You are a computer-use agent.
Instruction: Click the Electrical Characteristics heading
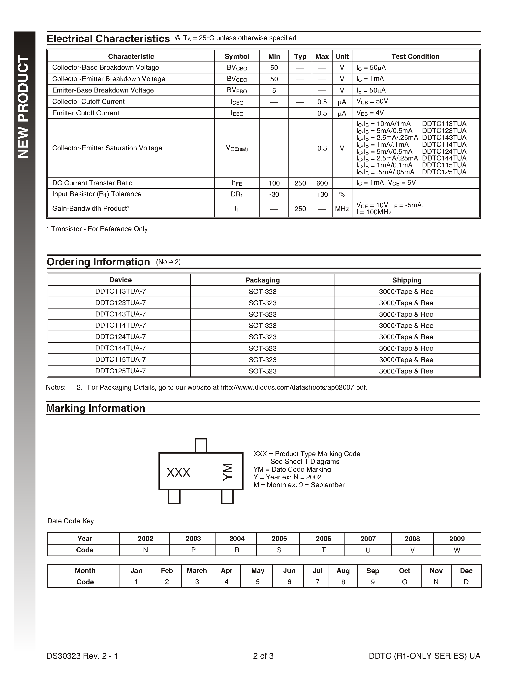click(108, 39)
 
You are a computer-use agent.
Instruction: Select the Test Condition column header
click(415, 57)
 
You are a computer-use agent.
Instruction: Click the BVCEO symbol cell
click(237, 79)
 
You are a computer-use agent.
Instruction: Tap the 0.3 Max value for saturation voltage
click(322, 148)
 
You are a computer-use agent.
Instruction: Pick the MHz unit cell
click(342, 209)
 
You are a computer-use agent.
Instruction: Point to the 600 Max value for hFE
click(322, 183)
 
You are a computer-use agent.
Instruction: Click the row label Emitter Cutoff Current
click(86, 113)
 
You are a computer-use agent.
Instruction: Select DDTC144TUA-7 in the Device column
click(120, 348)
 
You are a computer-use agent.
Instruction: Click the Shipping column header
click(406, 280)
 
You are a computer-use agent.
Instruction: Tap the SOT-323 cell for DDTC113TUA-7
click(262, 292)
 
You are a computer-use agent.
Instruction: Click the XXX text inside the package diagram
click(178, 472)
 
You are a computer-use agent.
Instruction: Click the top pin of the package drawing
click(201, 445)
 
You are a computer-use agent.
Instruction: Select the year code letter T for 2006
click(323, 550)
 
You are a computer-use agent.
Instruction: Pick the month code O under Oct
click(404, 582)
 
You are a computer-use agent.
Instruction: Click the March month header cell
click(197, 570)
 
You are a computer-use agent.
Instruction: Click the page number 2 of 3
click(263, 656)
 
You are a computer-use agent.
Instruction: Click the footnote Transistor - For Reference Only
click(97, 229)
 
